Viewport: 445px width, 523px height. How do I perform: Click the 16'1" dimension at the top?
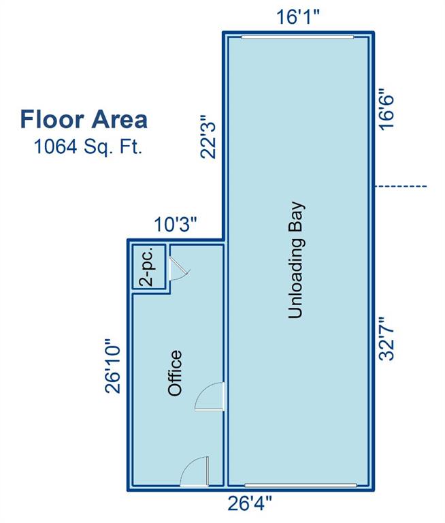point(298,16)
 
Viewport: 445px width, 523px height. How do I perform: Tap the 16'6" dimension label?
point(386,109)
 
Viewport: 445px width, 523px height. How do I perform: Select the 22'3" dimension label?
point(208,137)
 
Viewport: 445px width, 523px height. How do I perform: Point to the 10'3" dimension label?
point(176,224)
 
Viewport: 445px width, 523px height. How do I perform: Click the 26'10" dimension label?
point(113,366)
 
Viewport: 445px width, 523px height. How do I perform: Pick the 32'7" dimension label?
point(386,339)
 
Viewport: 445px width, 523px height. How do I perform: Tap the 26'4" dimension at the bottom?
point(250,503)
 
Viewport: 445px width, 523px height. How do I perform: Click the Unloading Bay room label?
point(296,260)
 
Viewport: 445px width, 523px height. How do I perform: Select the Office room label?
point(175,373)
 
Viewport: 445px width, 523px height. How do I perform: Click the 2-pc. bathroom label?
point(147,266)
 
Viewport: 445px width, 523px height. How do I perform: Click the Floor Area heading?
point(84,119)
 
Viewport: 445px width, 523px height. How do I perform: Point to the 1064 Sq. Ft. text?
point(88,147)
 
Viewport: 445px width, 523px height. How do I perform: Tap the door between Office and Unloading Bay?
point(210,396)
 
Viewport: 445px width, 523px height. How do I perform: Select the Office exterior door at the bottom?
point(195,471)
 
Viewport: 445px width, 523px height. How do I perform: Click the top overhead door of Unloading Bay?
point(297,37)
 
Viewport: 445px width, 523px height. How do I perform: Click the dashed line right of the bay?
point(400,186)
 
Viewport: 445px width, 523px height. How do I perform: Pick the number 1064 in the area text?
point(56,147)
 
